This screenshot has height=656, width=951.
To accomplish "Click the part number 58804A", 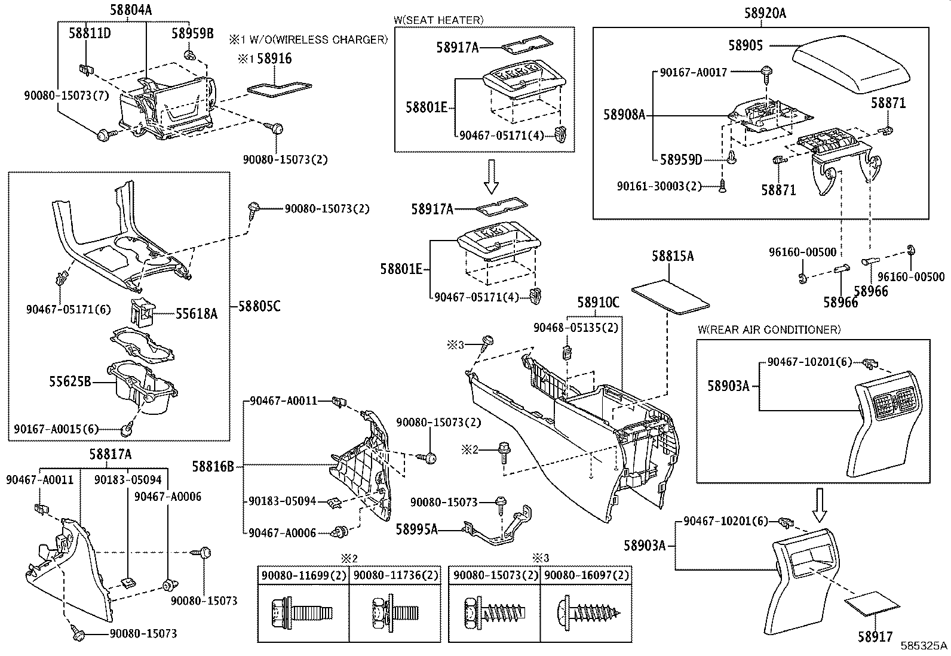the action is point(130,10).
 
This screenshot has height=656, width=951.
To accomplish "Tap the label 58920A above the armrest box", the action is point(765,13).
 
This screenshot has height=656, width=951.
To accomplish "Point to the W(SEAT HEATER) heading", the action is point(438,20).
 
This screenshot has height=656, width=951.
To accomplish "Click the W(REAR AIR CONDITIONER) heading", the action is point(769,329).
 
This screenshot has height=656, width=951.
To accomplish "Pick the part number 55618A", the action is point(197,313).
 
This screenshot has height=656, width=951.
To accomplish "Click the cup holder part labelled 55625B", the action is point(142,386).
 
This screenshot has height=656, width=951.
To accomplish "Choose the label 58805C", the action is point(259,306).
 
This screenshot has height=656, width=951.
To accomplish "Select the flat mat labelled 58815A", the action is point(670,297).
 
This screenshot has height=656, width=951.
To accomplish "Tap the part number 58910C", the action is point(598,303).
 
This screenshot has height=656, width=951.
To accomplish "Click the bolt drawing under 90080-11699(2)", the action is point(302,613).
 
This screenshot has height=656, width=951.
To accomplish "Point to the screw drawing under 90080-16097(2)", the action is point(588,614).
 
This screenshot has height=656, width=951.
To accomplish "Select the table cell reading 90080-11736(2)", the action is point(395,575).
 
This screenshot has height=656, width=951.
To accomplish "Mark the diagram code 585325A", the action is point(924,645).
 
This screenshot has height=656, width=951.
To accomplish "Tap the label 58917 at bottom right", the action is point(875,636).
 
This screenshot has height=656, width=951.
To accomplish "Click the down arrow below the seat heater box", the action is point(491,177).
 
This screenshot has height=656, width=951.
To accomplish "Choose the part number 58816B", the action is point(213,467).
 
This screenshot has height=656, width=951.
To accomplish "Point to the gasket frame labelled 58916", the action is point(280,87).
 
